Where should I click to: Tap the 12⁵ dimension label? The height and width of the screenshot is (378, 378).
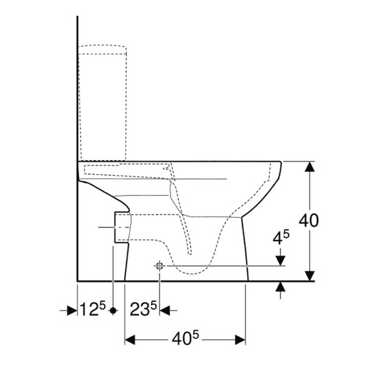click(91, 310)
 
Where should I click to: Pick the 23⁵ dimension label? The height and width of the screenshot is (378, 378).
click(143, 310)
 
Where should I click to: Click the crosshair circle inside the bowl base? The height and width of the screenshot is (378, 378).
click(159, 266)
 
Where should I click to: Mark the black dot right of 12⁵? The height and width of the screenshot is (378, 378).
click(113, 311)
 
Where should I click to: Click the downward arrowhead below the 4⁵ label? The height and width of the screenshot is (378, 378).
click(280, 260)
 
